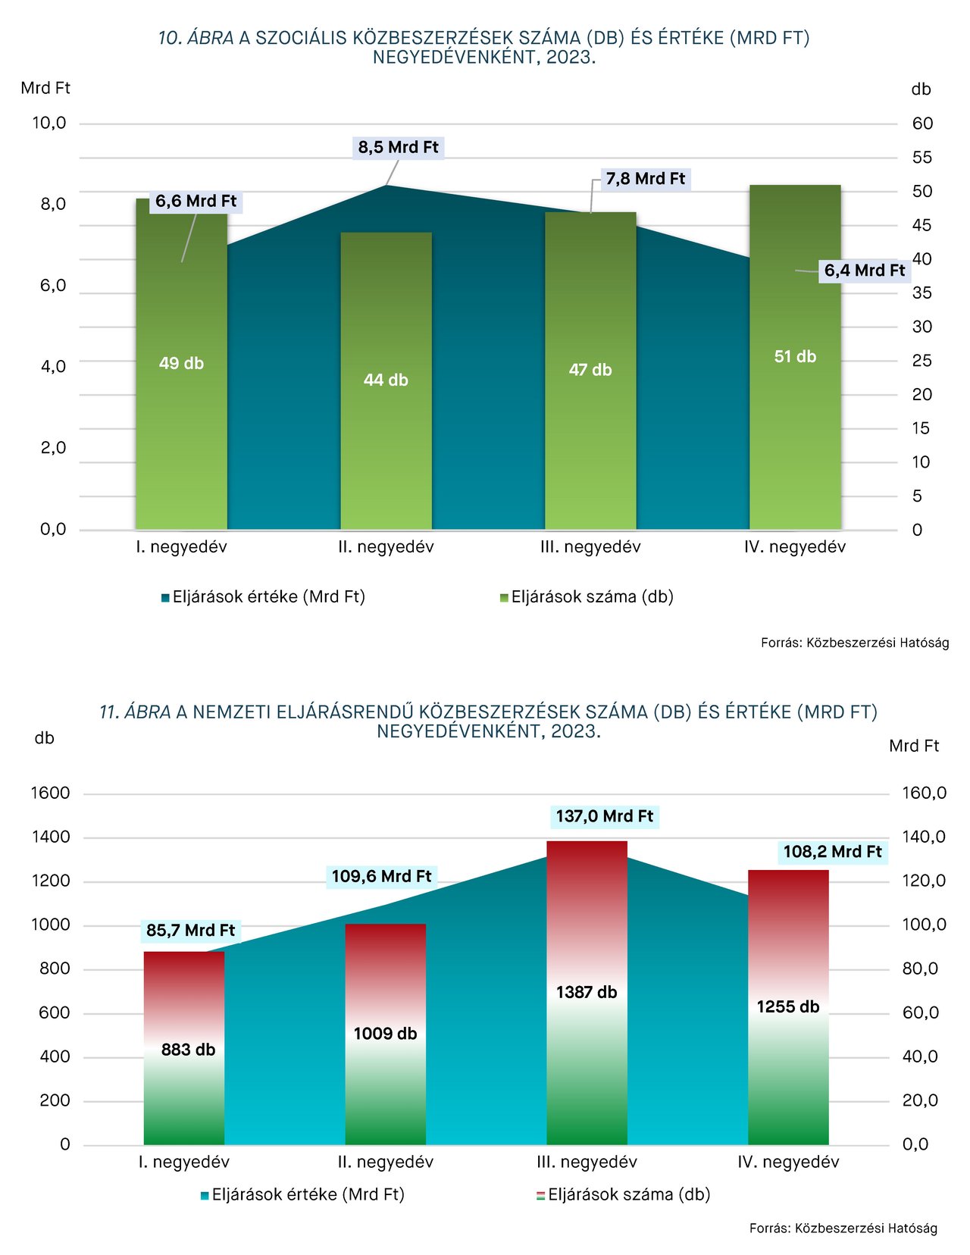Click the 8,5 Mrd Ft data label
[x=398, y=147]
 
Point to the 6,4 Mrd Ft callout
[x=864, y=271]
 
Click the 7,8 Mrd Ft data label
[x=645, y=179]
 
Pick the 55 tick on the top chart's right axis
[x=921, y=158]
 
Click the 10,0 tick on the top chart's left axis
[x=49, y=123]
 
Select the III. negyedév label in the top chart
[x=590, y=547]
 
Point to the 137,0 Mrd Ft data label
[x=604, y=816]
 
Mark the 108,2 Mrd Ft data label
[x=832, y=852]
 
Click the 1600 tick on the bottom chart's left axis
[x=50, y=793]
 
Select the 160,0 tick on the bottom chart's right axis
[x=924, y=793]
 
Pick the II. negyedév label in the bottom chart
[x=385, y=1163]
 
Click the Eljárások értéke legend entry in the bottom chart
[x=302, y=1195]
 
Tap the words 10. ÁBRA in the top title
[x=196, y=38]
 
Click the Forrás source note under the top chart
[x=854, y=643]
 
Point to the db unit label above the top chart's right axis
[x=921, y=89]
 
